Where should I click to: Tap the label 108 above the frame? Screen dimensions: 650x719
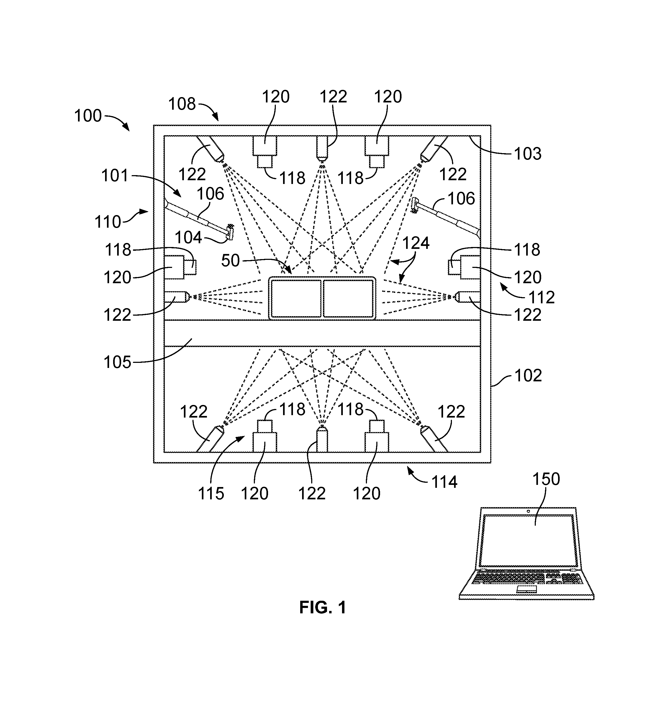[182, 104]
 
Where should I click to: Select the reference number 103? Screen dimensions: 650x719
[528, 154]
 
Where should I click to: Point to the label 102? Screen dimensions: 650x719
[528, 375]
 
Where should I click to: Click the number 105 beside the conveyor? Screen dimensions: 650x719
[117, 362]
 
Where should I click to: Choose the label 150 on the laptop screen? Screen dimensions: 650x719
[546, 479]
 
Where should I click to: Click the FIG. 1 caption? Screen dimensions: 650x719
[323, 607]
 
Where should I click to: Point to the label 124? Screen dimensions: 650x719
[416, 243]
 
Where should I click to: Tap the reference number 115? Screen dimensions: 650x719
[211, 494]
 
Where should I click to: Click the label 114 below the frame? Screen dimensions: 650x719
[444, 482]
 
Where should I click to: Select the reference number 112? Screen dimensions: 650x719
[541, 297]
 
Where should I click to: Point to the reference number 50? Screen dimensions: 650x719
[230, 261]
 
